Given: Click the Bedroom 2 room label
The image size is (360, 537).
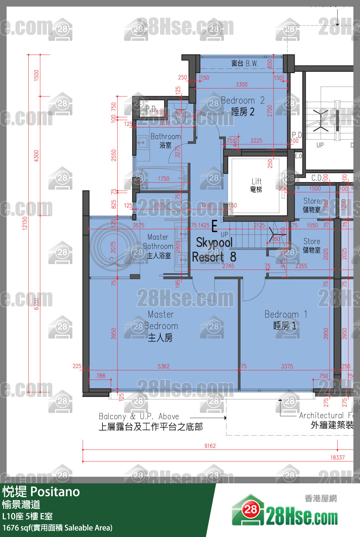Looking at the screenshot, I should click(243, 106).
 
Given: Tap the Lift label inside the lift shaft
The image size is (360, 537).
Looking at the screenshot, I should click(256, 185).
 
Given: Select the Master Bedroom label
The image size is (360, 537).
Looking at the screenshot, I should click(161, 326).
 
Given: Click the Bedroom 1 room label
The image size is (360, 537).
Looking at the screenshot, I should click(286, 320).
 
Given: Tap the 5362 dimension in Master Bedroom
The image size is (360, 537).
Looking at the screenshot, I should click(163, 366).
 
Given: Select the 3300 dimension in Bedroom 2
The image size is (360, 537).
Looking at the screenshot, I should click(241, 84).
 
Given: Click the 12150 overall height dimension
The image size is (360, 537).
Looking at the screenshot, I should click(25, 223).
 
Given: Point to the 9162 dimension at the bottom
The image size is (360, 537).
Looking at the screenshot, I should click(210, 446).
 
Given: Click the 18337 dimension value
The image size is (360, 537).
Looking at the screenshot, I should click(337, 457).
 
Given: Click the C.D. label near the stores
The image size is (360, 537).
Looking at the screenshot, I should click(317, 178).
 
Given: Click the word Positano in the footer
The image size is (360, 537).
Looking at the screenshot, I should click(55, 492).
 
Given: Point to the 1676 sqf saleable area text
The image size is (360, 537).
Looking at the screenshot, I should click(57, 528).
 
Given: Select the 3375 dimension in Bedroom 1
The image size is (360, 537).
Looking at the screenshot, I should click(287, 366).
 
